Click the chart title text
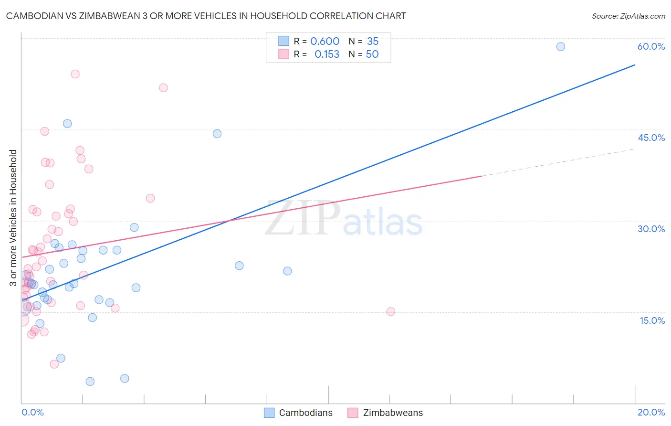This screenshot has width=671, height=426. pyautogui.click(x=206, y=16)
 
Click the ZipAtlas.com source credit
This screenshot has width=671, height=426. pyautogui.click(x=628, y=16)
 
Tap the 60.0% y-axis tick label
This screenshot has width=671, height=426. pyautogui.click(x=651, y=46)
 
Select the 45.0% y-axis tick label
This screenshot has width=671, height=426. pyautogui.click(x=651, y=138)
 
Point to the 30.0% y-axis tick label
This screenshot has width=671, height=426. pyautogui.click(x=651, y=229)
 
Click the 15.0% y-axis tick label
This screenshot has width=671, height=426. pyautogui.click(x=652, y=320)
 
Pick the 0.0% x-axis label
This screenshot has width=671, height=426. pyautogui.click(x=32, y=412)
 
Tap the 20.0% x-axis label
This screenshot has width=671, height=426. pyautogui.click(x=651, y=412)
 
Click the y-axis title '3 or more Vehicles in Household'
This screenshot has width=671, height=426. pyautogui.click(x=13, y=218)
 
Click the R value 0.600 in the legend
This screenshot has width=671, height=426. pyautogui.click(x=325, y=42)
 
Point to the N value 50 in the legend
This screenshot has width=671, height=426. pyautogui.click(x=372, y=54)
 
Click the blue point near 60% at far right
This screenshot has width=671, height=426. pyautogui.click(x=561, y=46)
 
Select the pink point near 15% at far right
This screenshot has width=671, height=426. pyautogui.click(x=390, y=311)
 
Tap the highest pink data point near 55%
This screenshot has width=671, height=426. pyautogui.click(x=75, y=74)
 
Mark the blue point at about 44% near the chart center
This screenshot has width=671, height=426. pyautogui.click(x=217, y=134)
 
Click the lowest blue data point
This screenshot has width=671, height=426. pyautogui.click(x=90, y=381)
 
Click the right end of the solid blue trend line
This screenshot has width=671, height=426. pyautogui.click(x=635, y=64)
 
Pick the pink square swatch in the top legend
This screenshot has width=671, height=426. pyautogui.click(x=284, y=54)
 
